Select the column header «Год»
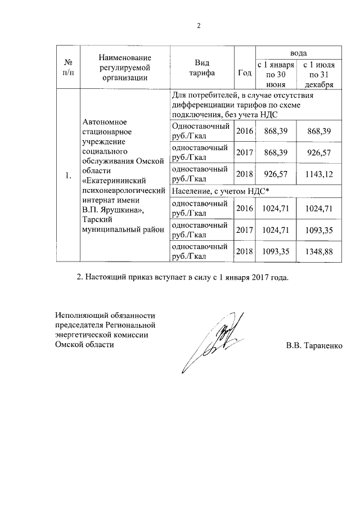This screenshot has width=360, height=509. coord(245,73)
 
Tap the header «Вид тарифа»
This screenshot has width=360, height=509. coord(202,67)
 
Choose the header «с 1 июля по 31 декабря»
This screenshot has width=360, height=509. coord(314,74)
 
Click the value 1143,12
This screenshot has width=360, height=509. coord(314,174)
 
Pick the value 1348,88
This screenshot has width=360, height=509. coord(314,251)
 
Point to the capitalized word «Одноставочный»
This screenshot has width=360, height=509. coord(200,127)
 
